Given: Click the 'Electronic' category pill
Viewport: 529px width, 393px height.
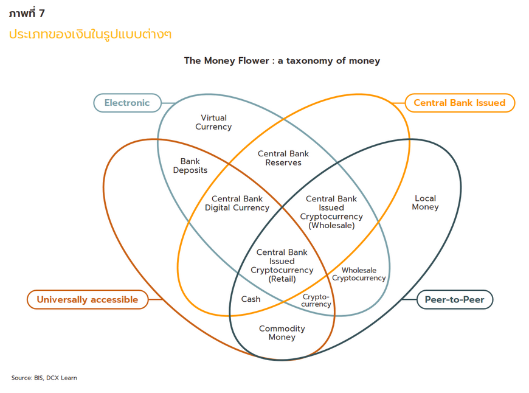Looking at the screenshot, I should click(x=127, y=103).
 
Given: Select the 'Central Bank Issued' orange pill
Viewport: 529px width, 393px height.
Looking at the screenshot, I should click(x=459, y=103).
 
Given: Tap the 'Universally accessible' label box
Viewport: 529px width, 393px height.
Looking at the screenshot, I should click(x=88, y=299).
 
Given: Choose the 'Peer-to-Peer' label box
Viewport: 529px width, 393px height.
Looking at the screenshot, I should click(x=455, y=299).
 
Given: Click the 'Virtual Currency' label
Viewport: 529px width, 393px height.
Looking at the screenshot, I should click(x=213, y=122).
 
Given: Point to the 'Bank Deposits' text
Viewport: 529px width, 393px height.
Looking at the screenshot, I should click(x=190, y=166).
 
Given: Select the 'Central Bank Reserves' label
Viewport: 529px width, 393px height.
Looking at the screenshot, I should click(x=283, y=158).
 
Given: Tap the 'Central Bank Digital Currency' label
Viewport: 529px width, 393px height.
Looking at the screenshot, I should click(x=237, y=203).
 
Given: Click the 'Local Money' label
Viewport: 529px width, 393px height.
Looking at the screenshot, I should click(x=425, y=203).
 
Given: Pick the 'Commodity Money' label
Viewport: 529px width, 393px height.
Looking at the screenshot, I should click(x=282, y=333).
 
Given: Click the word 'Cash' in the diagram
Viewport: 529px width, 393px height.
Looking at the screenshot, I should click(x=251, y=299).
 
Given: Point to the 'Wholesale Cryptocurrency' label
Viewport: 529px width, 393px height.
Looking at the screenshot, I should click(x=359, y=274).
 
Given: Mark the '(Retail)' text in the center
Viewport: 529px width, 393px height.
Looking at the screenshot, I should click(x=282, y=279).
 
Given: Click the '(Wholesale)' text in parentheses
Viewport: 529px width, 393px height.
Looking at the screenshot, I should click(x=331, y=225).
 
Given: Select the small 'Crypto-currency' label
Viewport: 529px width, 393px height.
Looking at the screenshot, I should click(x=317, y=301).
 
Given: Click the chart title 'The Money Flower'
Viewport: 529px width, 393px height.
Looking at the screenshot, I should click(x=224, y=61).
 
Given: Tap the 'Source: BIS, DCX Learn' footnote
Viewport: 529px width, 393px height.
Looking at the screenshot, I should click(x=44, y=378).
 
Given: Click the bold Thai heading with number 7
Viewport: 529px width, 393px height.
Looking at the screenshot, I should click(x=27, y=13).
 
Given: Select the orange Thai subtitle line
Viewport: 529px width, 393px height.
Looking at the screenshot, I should click(x=90, y=34).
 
